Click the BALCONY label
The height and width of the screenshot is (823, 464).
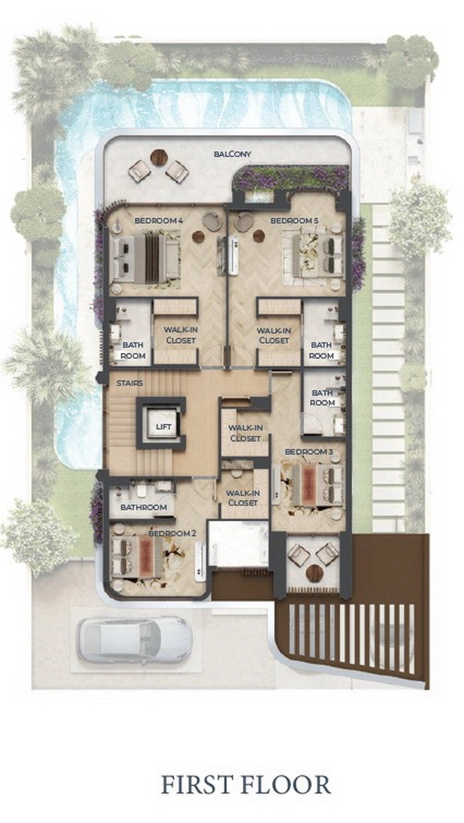pos(233,155)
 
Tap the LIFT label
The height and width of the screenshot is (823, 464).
pos(163,426)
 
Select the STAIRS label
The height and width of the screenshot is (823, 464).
pos(130,384)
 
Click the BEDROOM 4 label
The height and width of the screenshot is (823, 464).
pos(159,221)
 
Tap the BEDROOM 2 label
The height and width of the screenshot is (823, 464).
pos(172,533)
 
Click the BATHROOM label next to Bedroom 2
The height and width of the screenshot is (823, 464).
pos(144,508)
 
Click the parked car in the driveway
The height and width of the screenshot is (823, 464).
pos(135,639)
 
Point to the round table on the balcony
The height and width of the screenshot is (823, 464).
pos(159,157)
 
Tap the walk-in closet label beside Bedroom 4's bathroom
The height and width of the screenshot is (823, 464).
pos(180,335)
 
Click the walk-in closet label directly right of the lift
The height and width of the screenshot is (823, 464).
pos(245,433)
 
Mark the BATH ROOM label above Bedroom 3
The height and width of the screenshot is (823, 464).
pos(322,398)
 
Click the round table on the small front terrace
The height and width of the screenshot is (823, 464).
pos(314,573)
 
